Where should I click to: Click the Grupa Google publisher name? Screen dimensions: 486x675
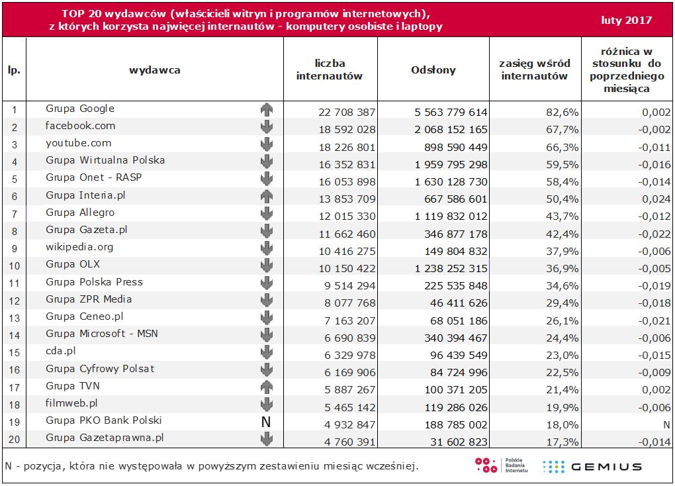(x=80, y=109)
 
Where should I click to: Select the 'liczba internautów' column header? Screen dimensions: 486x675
(x=330, y=70)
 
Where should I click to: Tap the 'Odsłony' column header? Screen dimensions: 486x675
(x=433, y=70)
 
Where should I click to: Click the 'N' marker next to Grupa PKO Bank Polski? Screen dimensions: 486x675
(x=267, y=421)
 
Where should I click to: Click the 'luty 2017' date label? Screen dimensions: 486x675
(x=626, y=20)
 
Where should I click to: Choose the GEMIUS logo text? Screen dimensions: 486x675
(x=606, y=466)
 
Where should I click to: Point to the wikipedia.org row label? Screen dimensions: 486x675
(x=79, y=247)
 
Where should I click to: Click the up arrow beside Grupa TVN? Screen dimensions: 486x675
(x=267, y=387)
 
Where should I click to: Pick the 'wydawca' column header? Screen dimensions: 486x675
(x=154, y=70)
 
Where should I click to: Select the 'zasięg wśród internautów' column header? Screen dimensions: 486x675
(x=535, y=70)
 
